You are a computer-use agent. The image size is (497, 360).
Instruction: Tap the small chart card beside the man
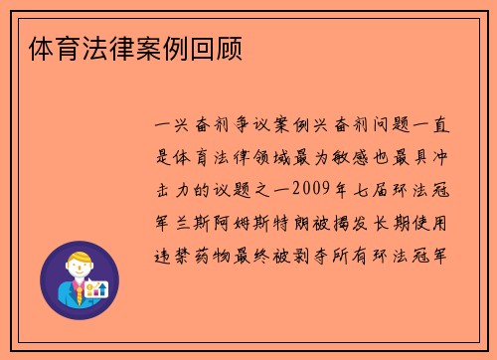pyautogui.click(x=96, y=288)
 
